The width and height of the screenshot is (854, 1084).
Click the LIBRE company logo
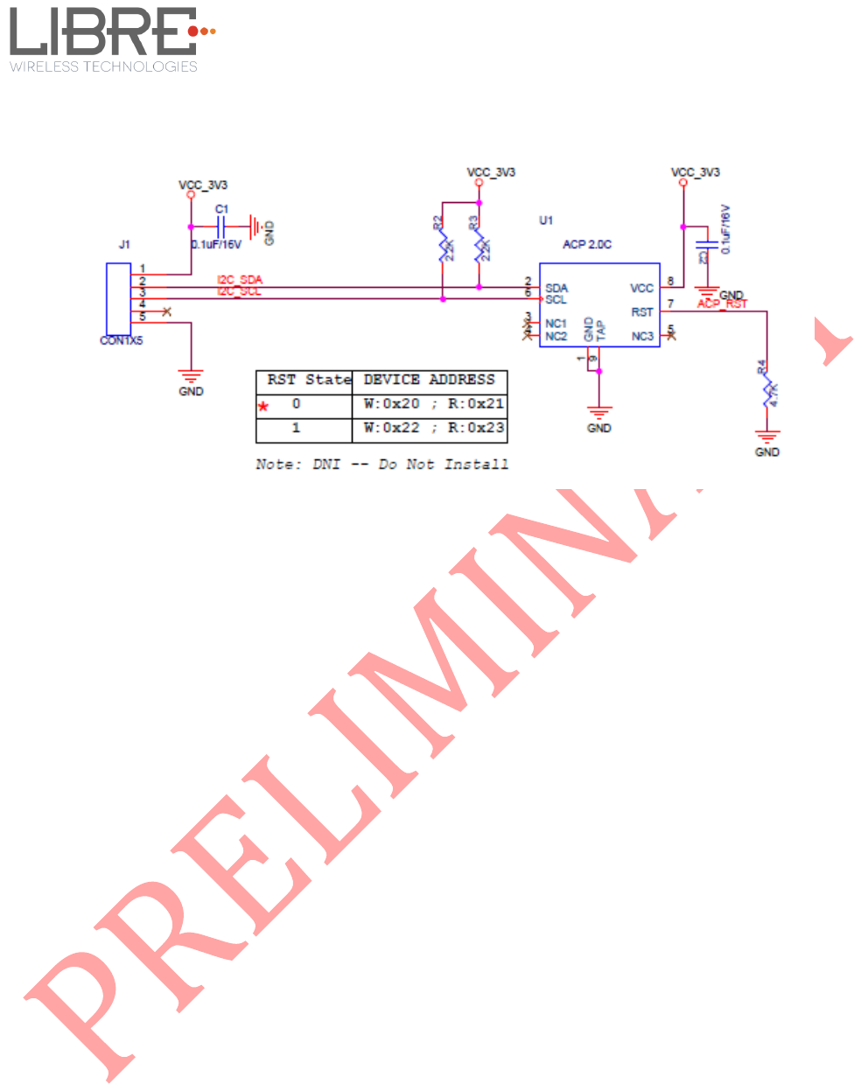pos(109,39)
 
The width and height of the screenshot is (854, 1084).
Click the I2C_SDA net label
pos(240,280)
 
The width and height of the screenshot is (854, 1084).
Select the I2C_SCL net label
pos(240,291)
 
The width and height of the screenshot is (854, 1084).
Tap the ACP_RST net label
pos(723,304)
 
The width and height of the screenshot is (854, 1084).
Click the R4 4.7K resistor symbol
pos(767,395)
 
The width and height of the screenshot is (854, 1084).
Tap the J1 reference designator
pos(124,244)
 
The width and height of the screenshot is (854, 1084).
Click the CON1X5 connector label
pos(121,340)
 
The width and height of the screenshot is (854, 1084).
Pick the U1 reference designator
pos(546,220)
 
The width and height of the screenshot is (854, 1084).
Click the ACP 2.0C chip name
pos(587,244)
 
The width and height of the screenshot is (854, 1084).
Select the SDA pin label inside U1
pos(556,288)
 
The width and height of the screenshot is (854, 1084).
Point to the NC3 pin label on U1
pos(642,336)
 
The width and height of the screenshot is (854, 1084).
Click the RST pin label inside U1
pos(642,312)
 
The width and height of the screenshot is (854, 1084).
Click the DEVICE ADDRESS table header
pos(430,380)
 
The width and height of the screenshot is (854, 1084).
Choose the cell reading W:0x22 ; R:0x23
pos(434,428)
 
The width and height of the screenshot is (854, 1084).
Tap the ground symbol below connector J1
pos(191,376)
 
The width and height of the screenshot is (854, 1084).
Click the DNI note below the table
pos(381,464)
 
